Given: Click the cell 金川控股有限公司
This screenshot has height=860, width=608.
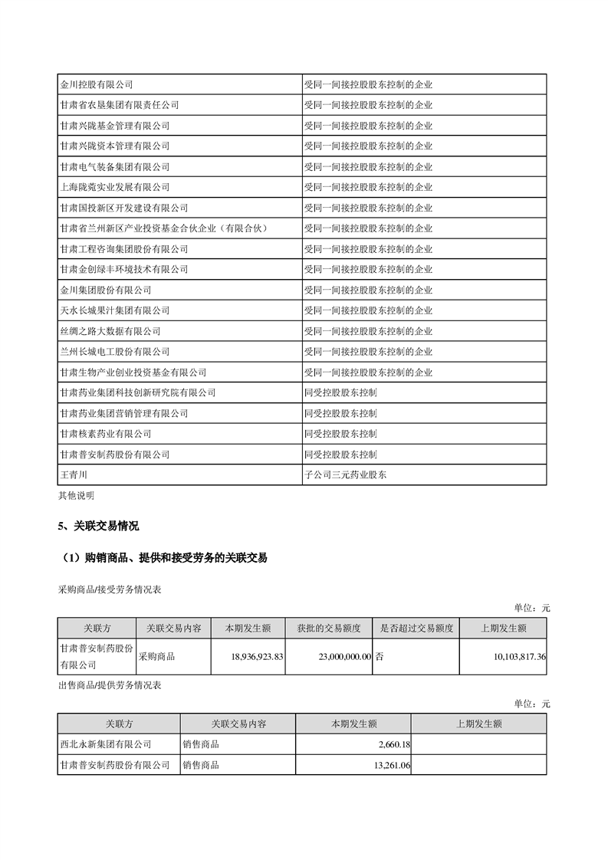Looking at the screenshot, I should click(97, 84).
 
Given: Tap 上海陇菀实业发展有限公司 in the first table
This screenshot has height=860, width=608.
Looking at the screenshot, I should click(114, 187).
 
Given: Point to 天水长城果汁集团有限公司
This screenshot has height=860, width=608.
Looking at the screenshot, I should click(114, 310).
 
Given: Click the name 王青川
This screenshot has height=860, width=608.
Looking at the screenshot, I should click(74, 475).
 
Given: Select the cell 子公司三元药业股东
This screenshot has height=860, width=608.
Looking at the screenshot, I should click(345, 475).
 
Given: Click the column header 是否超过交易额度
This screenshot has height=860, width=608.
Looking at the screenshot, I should click(416, 629).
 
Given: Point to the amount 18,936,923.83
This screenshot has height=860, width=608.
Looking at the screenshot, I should click(257, 657).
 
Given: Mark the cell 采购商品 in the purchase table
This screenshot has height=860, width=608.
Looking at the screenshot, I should click(156, 657).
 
